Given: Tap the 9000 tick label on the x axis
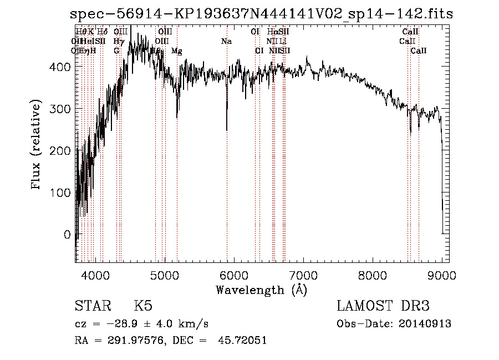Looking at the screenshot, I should coord(442,275).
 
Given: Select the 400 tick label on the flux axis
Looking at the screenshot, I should coord(61,67).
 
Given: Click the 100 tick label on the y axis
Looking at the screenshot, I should coord(61,192).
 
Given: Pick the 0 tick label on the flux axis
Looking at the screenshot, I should coord(67,235).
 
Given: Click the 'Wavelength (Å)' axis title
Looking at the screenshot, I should coord(261,290).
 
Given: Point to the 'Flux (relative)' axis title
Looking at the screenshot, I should coord(37,145).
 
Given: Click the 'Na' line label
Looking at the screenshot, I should coord(226,41).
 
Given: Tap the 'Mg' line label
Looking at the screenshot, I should coord(176,51).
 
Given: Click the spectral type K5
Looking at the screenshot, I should coord(143,306).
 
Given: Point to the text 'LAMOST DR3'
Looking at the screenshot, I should coord(383,306).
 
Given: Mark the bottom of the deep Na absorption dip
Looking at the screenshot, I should coord(227,130).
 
